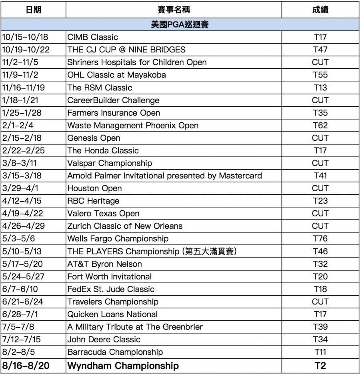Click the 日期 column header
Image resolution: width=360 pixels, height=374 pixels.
pos(33,10)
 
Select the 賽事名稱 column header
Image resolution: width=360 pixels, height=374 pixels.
pos(173,10)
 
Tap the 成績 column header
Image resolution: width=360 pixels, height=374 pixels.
pos(320,10)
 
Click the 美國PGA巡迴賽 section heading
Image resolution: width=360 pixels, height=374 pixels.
pos(180,24)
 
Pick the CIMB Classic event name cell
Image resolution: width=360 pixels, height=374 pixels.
pos(93,37)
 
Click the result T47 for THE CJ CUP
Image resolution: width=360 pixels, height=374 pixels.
pos(320,50)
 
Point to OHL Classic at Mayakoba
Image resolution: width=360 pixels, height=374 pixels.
pos(116,75)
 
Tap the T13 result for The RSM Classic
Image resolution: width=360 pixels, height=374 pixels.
pos(320,88)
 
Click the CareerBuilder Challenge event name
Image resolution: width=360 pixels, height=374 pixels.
pos(113,100)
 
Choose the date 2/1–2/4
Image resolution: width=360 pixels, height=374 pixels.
pos(18,125)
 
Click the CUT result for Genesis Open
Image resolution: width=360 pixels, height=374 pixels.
pos(320,138)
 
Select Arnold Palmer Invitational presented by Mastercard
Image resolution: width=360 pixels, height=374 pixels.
pos(164,176)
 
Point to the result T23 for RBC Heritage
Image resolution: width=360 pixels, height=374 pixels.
pos(320,201)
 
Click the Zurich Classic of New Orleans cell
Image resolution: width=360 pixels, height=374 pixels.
pos(125,226)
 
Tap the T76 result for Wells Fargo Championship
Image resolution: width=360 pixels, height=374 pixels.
pos(320,239)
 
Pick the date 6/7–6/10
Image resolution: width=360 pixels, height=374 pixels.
pos(20,289)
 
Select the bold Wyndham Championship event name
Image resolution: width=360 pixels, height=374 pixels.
pos(123,366)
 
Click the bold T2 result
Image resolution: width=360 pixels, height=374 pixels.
pos(320,366)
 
